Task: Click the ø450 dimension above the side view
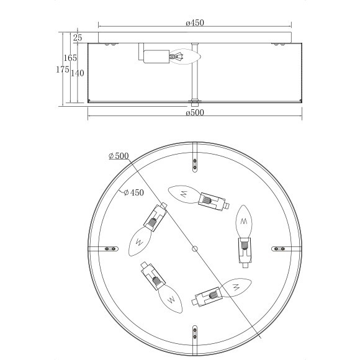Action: tap(195, 23)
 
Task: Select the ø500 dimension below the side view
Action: tap(195, 113)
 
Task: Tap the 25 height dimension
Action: tap(78, 38)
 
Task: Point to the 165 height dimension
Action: tap(70, 58)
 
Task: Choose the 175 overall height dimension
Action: tap(62, 70)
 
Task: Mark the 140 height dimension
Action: tap(78, 73)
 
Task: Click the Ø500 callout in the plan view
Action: tap(117, 156)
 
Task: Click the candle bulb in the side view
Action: tap(187, 56)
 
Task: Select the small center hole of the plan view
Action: tap(195, 249)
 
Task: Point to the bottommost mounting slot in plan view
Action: tap(195, 333)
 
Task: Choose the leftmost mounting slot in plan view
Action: tap(110, 248)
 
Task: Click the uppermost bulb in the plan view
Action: tap(184, 194)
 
